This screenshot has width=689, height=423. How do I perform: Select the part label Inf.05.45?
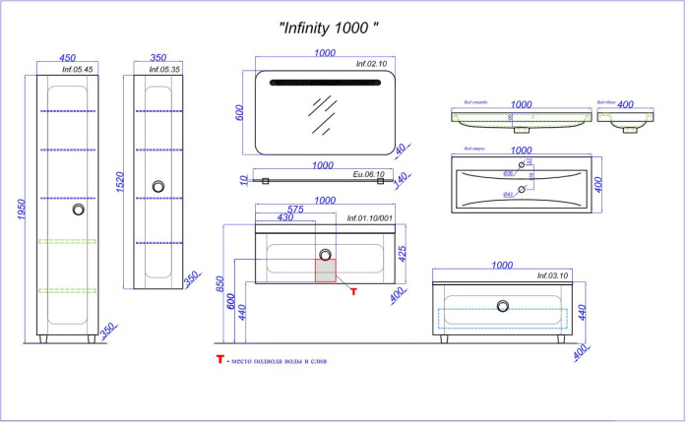coord(78,71)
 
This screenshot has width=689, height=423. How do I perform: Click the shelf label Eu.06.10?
coord(370,173)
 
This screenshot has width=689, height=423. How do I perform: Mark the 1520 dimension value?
coord(119,181)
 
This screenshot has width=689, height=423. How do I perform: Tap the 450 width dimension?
coord(68,57)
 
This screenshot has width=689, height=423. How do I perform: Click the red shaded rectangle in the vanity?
coord(326,271)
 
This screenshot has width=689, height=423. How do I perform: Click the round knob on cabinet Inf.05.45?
coord(79,210)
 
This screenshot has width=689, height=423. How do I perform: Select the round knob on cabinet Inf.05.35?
coord(157,185)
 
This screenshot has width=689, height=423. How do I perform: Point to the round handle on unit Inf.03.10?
coord(503,306)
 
